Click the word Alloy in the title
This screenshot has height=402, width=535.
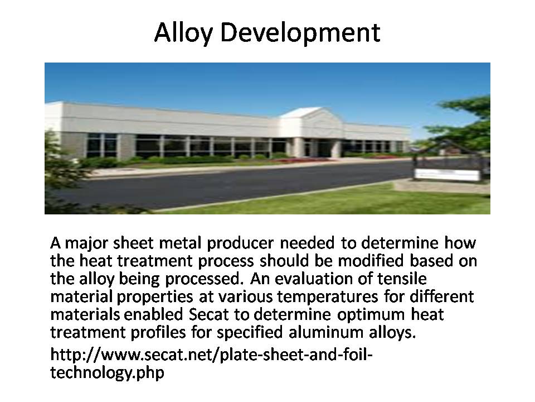coord(183,33)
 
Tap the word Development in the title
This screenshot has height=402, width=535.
coord(300,33)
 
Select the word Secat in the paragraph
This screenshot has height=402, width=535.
coord(208,314)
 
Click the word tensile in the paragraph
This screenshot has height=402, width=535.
coord(402,279)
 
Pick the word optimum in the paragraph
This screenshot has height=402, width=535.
coord(371,315)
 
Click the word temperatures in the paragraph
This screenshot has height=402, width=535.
coord(327,297)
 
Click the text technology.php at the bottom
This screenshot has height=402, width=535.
coord(107,372)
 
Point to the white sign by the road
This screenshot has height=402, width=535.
coord(447,175)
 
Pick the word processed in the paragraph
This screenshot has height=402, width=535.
coord(203,279)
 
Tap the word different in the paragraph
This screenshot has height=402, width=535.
coord(441,296)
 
